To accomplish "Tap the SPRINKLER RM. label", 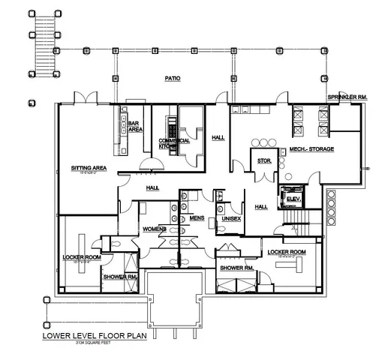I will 347,98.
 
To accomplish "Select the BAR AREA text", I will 136,126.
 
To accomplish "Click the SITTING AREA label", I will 87,168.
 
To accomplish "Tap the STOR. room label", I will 263,160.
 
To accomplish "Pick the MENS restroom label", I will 197,218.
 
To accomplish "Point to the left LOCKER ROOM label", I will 82,257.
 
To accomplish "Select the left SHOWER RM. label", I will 121,276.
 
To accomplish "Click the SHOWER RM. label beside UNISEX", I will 236,267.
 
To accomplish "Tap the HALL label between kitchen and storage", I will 218,137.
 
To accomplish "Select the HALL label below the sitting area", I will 152,187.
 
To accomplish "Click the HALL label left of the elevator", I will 261,207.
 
